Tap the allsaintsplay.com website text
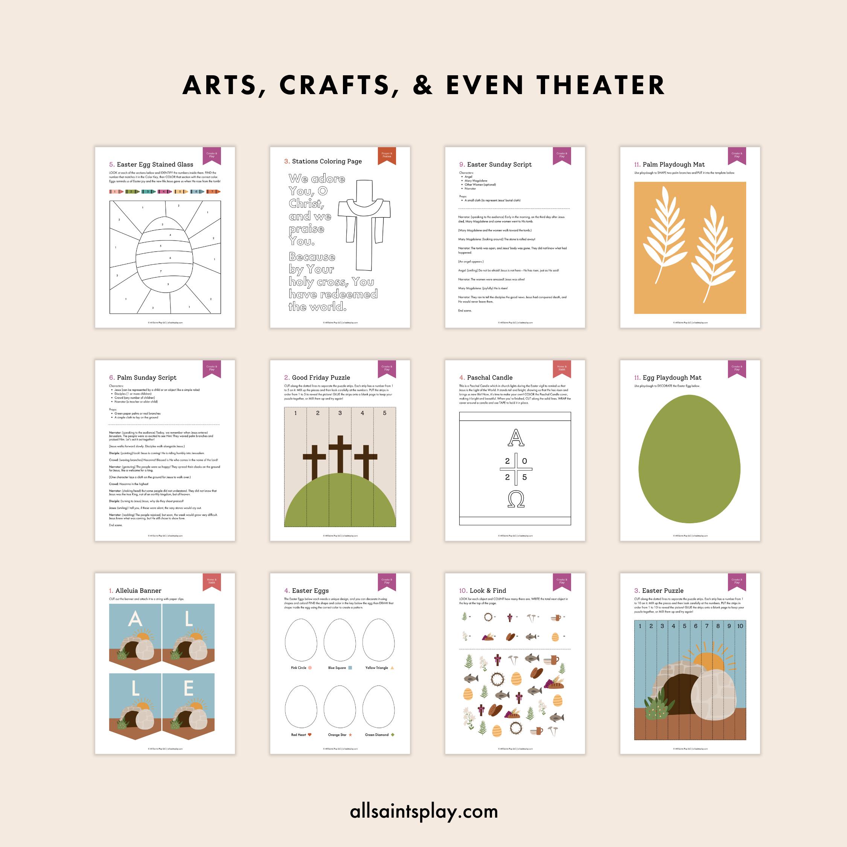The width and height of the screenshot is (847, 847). (424, 811)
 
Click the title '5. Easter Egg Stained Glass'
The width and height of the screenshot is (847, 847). (151, 165)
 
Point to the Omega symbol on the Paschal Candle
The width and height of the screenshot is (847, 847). (516, 499)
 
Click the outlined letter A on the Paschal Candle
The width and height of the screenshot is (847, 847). (516, 437)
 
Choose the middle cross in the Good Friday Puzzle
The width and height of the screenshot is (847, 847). (340, 456)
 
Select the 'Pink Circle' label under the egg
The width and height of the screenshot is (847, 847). (299, 668)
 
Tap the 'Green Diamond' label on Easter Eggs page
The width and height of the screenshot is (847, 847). (377, 735)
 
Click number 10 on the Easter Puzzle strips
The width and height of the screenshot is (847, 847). (740, 626)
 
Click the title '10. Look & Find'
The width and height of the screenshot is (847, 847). (483, 591)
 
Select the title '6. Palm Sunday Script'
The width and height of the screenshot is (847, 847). (143, 378)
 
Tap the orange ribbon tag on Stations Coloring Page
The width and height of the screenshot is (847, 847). (387, 155)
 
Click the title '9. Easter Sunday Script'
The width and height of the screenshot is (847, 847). (495, 165)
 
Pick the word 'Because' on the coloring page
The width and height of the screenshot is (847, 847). (312, 257)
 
